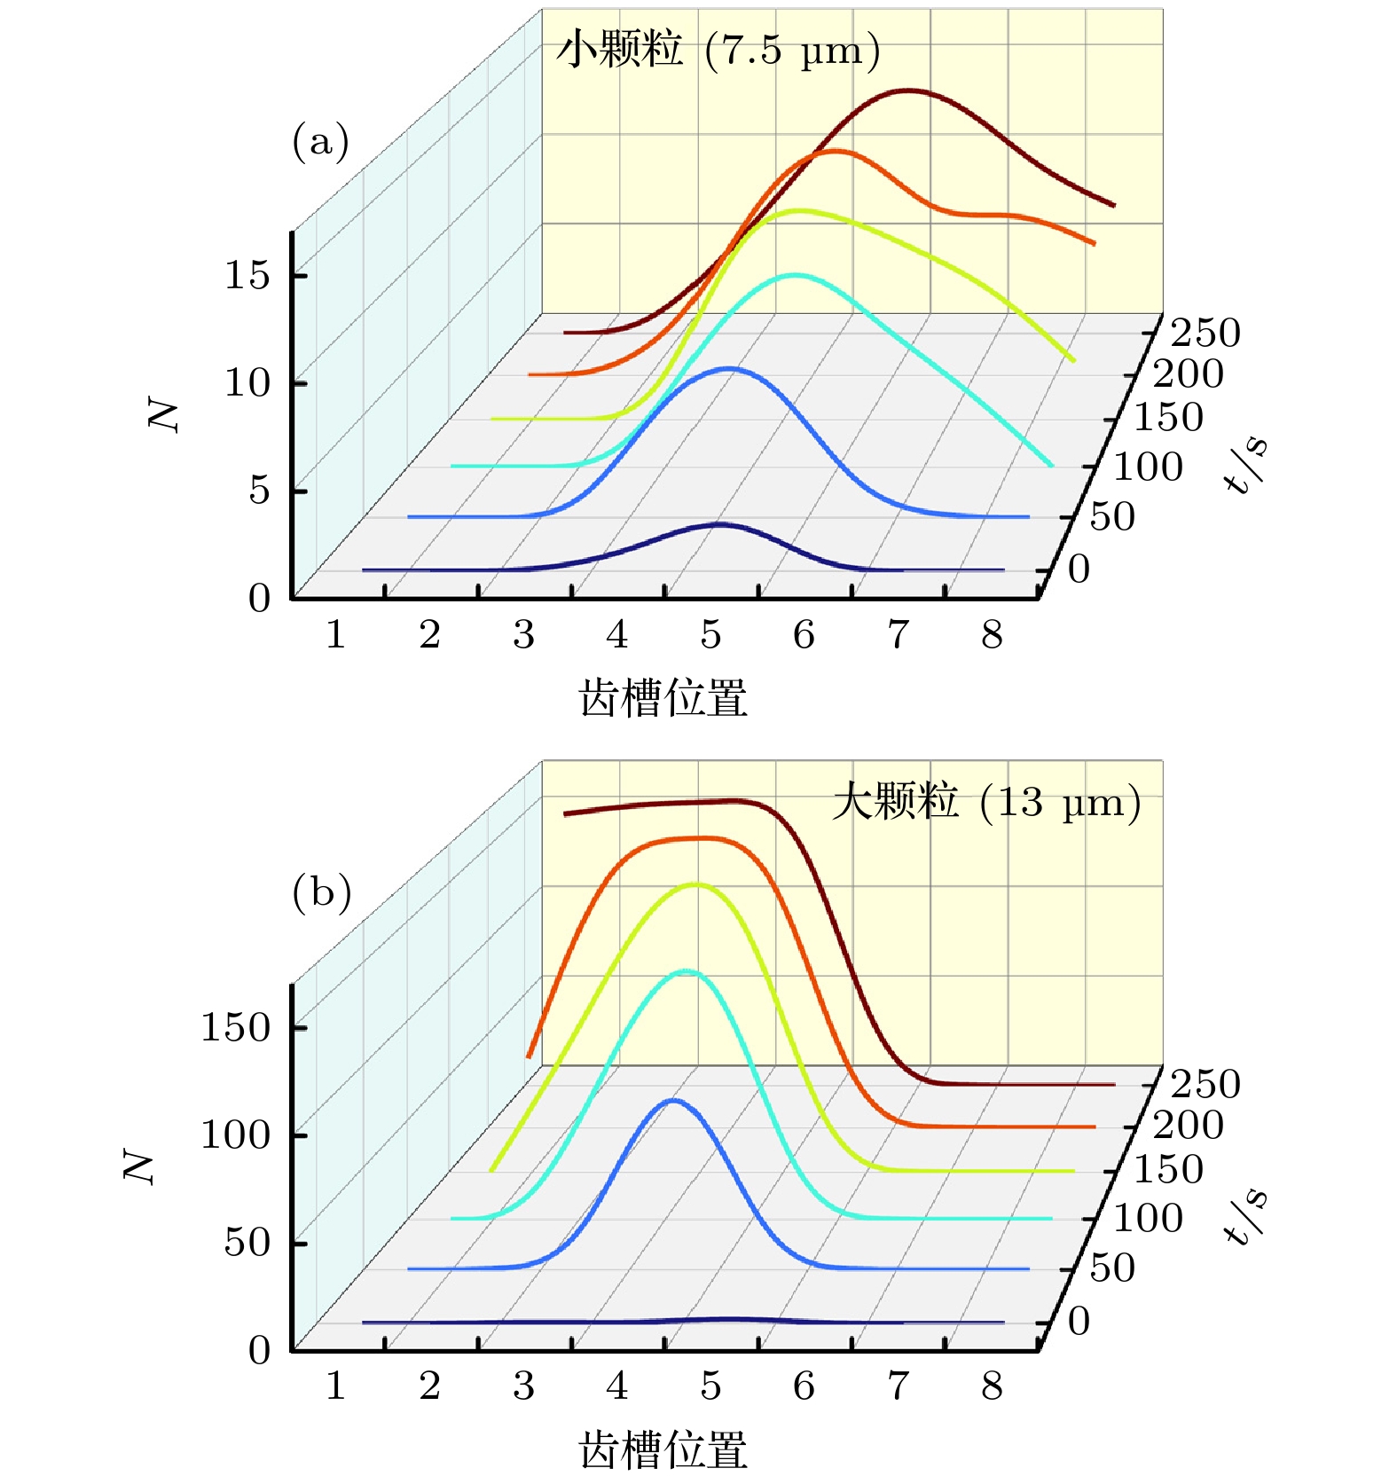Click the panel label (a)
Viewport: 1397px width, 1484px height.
point(320,142)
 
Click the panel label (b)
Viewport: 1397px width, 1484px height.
point(321,892)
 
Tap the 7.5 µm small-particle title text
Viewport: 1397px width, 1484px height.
point(718,50)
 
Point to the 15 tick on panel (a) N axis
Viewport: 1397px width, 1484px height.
point(247,276)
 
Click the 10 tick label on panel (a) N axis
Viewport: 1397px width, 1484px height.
point(247,383)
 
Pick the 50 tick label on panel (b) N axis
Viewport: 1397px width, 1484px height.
point(247,1243)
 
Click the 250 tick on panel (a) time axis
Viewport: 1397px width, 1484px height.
point(1205,334)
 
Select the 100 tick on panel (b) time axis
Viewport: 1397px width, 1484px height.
point(1148,1219)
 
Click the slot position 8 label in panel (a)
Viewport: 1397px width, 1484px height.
point(992,635)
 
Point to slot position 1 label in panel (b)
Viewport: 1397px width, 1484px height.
point(335,1386)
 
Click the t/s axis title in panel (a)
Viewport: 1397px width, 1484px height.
point(1245,463)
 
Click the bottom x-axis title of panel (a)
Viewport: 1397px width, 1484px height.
point(663,698)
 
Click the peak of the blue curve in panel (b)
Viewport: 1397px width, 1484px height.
point(673,1101)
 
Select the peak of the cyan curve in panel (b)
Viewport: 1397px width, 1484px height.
point(688,971)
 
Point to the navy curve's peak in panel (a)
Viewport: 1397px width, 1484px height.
point(718,525)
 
